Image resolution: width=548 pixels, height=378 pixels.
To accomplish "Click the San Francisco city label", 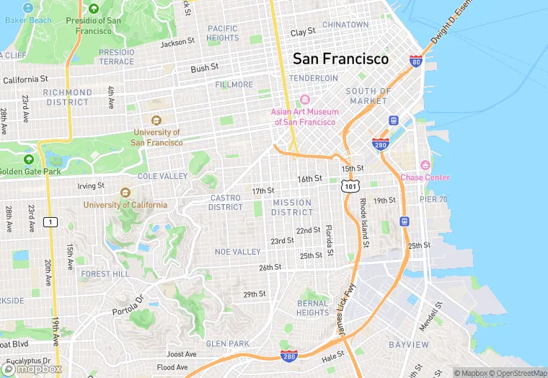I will point(340,59).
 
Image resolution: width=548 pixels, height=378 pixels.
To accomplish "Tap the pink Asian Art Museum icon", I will point(304,100).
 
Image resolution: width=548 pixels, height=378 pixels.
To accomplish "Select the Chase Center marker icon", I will point(425,165).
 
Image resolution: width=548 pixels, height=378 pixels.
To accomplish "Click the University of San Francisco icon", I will point(156,120).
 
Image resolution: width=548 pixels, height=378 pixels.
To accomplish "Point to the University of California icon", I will point(125,193).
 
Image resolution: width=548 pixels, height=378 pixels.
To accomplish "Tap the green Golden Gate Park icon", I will point(29,159).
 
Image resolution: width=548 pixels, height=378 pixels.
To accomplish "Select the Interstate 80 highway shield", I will point(415,61).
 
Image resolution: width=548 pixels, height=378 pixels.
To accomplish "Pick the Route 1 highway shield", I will point(49,221).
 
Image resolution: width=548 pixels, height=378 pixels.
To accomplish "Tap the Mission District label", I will point(292,207).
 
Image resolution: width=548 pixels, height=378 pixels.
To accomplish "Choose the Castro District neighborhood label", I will point(226,203).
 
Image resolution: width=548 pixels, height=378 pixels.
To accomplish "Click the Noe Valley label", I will point(237,252).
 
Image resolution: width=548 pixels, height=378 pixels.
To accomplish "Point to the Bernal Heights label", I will point(312,308).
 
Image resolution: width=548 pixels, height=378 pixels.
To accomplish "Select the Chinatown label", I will point(345,25).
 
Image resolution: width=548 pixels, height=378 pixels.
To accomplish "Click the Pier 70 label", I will point(433,199).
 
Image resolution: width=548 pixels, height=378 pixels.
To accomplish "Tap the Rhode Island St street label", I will point(363,223).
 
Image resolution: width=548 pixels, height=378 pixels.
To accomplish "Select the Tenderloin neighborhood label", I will point(314,78).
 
